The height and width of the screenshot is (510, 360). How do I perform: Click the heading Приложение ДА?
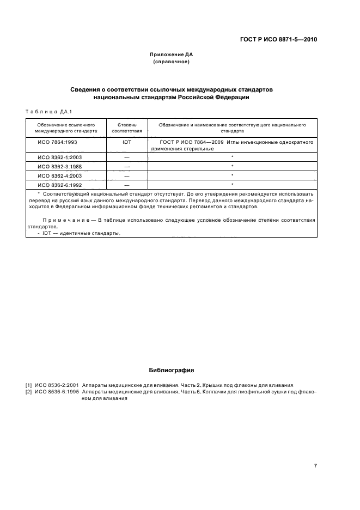(x=171, y=55)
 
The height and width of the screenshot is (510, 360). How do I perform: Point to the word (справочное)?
(x=171, y=62)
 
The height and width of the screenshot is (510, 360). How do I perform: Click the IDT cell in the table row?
(x=127, y=141)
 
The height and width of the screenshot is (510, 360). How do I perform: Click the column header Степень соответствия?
(x=127, y=128)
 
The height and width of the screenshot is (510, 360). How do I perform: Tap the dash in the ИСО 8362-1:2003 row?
(x=127, y=157)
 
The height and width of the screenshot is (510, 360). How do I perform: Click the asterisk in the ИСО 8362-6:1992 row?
(x=233, y=185)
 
